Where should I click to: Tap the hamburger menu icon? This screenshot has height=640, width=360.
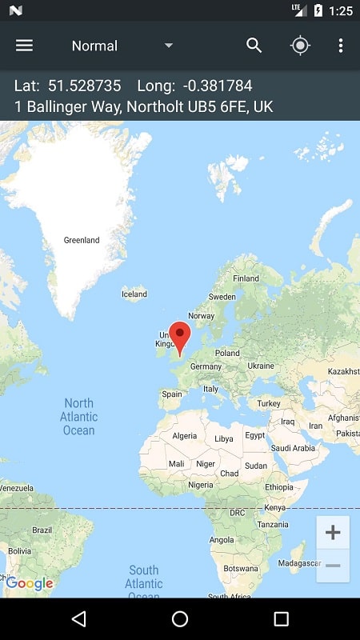pyautogui.click(x=25, y=46)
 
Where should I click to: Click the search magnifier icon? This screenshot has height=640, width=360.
pyautogui.click(x=254, y=46)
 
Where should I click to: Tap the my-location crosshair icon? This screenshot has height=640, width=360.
pyautogui.click(x=300, y=46)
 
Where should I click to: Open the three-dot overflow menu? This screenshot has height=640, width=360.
pyautogui.click(x=341, y=46)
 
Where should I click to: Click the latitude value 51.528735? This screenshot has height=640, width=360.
pyautogui.click(x=84, y=86)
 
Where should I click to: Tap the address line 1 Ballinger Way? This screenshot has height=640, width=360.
pyautogui.click(x=138, y=106)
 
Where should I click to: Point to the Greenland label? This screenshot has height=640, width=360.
pyautogui.click(x=82, y=240)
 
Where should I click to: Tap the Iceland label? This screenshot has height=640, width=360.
pyautogui.click(x=134, y=294)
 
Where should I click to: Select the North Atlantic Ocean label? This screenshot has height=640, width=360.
pyautogui.click(x=78, y=417)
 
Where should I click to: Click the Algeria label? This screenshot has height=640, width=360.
pyautogui.click(x=185, y=436)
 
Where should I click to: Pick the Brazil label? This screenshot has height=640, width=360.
pyautogui.click(x=42, y=530)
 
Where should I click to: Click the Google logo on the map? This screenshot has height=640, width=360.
pyautogui.click(x=30, y=583)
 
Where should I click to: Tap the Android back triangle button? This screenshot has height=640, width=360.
pyautogui.click(x=78, y=619)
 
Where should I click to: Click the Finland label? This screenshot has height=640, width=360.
pyautogui.click(x=246, y=278)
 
